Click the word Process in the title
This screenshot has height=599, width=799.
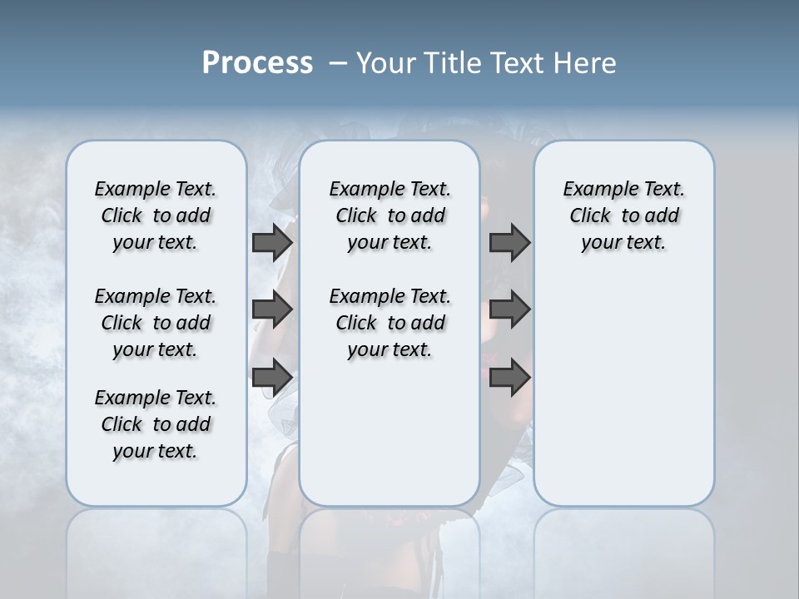(257, 63)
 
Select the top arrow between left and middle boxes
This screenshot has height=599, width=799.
(272, 242)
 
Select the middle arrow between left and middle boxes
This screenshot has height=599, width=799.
(272, 309)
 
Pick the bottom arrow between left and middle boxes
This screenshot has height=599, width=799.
(272, 377)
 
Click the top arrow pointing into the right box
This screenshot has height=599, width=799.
(509, 242)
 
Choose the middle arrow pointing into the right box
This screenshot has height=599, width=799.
(509, 309)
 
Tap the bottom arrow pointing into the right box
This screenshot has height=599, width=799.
(509, 377)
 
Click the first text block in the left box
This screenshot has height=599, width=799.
(156, 215)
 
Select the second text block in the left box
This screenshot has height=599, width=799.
(156, 323)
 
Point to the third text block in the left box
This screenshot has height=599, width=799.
(156, 424)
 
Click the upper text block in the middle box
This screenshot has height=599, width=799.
(390, 215)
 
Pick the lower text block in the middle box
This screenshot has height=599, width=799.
(390, 323)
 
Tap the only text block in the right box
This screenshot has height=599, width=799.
(624, 215)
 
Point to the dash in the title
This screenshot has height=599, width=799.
(338, 63)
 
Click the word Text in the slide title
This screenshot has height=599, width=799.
(521, 63)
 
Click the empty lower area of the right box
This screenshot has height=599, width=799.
(624, 391)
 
